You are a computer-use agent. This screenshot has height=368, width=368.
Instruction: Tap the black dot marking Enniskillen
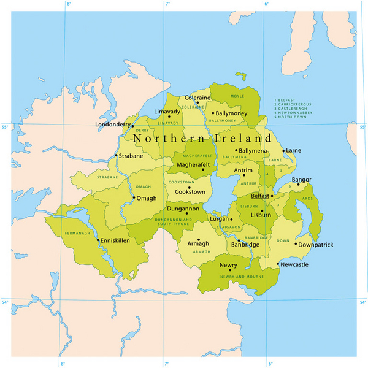[98, 240]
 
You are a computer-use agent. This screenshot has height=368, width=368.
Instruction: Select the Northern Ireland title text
[202, 139]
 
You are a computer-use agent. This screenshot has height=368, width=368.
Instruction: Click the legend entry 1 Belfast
[287, 98]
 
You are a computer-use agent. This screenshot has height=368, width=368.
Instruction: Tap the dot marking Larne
[283, 150]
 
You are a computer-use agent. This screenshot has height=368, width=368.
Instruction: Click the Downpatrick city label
[316, 245]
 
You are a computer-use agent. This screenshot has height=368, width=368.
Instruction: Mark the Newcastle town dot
[278, 265]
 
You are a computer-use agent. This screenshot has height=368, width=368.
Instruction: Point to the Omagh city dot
[134, 198]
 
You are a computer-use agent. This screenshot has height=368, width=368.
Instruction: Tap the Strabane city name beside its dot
[131, 156]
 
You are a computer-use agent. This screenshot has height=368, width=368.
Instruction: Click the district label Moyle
[237, 96]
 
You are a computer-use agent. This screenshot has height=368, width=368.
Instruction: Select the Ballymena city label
[253, 150]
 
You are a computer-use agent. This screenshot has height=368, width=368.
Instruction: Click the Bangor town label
[301, 180]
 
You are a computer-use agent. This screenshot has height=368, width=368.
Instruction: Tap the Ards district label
[307, 199]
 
